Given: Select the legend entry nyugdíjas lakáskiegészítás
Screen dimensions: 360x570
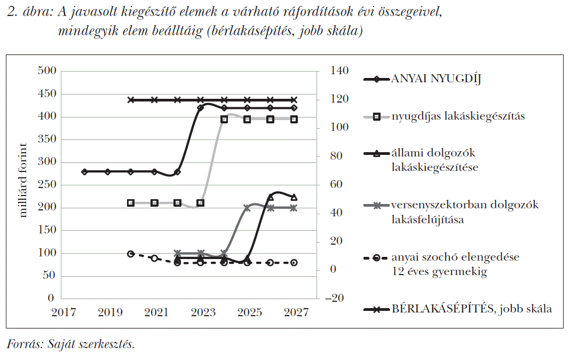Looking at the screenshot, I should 457,116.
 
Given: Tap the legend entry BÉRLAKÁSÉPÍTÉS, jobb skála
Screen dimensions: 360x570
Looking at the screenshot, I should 471,309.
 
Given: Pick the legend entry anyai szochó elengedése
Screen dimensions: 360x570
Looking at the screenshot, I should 455,257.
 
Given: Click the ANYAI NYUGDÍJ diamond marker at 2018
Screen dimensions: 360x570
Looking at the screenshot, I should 84,171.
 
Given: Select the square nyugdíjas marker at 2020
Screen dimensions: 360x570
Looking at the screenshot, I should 131,203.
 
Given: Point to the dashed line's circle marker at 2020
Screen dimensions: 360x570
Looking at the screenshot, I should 131,254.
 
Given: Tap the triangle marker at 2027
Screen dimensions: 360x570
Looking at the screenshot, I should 294,197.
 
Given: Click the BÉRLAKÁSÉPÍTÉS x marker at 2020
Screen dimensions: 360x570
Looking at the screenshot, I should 131,100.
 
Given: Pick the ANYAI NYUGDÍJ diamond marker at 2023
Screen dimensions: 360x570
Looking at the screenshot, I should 201,108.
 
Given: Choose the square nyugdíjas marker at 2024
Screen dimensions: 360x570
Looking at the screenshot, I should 224,119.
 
